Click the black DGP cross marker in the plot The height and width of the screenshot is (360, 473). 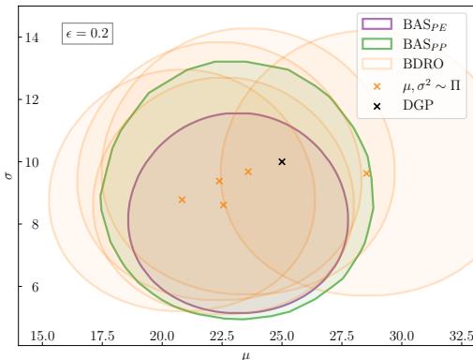[282, 161]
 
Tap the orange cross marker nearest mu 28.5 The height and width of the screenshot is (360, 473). [366, 173]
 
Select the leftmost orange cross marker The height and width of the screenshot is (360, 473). [182, 200]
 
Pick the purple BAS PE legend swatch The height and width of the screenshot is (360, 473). [374, 23]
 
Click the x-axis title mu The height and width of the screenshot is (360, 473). [246, 353]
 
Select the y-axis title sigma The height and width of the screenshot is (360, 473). [7, 172]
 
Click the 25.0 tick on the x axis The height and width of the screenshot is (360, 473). [282, 336]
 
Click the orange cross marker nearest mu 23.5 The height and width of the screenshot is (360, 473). [248, 172]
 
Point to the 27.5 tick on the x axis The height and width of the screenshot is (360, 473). [342, 336]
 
